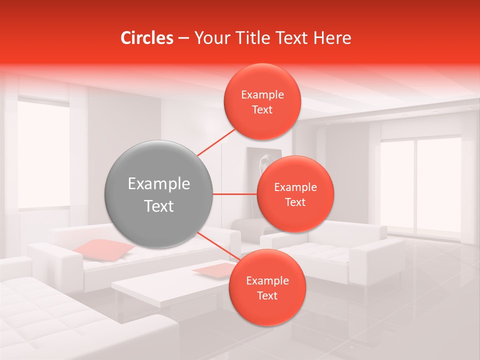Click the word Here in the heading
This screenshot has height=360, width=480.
click(332, 38)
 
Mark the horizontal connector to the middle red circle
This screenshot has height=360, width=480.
click(234, 194)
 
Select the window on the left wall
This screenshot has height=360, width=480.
click(43, 155)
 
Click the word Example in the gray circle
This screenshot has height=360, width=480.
click(158, 184)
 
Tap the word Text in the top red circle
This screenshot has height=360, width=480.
click(262, 110)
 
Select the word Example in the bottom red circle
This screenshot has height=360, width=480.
click(267, 280)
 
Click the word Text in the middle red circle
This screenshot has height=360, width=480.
click(295, 202)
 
